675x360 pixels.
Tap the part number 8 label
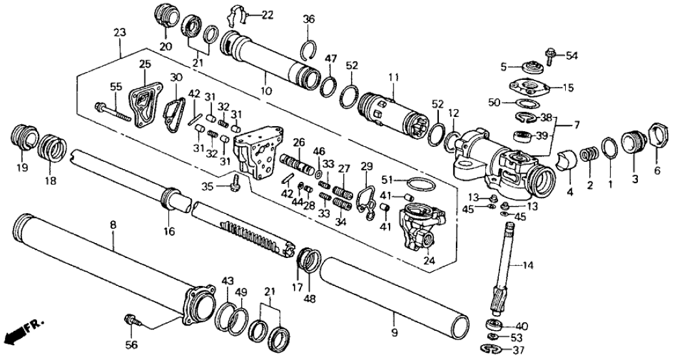113,225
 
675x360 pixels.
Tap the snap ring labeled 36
310,49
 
